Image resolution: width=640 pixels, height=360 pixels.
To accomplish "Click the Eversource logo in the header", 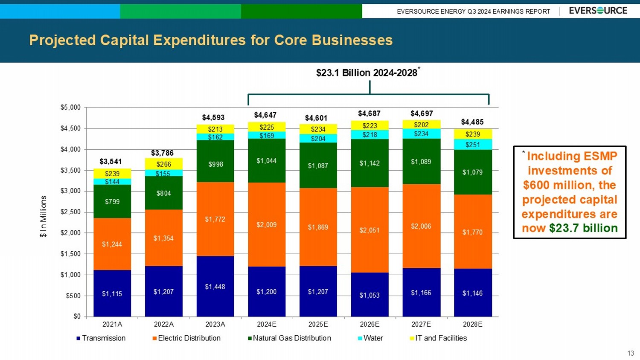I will pos(598,11).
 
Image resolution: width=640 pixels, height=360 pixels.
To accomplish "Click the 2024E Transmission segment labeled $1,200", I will pos(267,292).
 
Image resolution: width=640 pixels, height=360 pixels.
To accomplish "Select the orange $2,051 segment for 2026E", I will pos(369,230).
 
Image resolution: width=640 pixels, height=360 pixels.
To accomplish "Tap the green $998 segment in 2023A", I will pos(215,164).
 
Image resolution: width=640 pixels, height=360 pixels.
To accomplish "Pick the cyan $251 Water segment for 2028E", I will pos(473,145).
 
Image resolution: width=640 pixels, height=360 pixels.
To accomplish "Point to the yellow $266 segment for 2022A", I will pos(164,164).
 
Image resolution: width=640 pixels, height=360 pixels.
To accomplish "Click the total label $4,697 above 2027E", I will pos(422,113).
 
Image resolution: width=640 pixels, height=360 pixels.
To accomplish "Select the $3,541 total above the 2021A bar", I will pos(111,161).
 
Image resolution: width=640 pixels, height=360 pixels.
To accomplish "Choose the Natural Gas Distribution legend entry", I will pos(289,338).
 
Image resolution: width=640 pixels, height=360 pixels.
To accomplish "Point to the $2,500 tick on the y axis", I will pos(70,212).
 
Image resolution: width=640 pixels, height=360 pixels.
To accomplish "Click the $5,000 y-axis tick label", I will pos(70,107).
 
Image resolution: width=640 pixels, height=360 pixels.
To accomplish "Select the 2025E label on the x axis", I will pos(318,324).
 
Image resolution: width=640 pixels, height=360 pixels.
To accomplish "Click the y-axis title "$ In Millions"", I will pos(43,216).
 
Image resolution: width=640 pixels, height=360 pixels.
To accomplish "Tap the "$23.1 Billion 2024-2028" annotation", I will pos(367,73).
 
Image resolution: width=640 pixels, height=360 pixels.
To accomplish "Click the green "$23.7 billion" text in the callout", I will pos(583,228).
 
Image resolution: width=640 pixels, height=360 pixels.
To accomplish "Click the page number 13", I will pos(631,353).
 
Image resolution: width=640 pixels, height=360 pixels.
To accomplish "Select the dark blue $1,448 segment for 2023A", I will pos(215,287).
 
